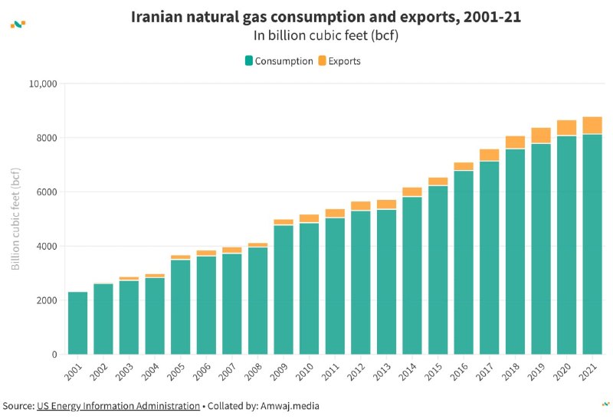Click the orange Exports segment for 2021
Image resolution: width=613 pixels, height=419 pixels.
pyautogui.click(x=592, y=125)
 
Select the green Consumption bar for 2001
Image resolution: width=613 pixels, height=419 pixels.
pyautogui.click(x=78, y=323)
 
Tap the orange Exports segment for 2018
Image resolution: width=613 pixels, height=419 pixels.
pyautogui.click(x=515, y=142)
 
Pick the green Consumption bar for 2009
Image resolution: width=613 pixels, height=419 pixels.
pyautogui.click(x=284, y=290)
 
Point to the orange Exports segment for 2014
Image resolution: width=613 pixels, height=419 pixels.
pyautogui.click(x=412, y=191)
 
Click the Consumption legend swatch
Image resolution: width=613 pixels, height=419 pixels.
pyautogui.click(x=248, y=61)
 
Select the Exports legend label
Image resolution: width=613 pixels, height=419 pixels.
pyautogui.click(x=344, y=61)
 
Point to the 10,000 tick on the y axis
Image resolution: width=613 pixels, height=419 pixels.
pyautogui.click(x=43, y=84)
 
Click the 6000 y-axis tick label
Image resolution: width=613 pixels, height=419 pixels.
pyautogui.click(x=47, y=192)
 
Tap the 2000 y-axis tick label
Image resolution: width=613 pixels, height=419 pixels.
pyautogui.click(x=47, y=300)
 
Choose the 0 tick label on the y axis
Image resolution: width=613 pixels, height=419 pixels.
pyautogui.click(x=54, y=355)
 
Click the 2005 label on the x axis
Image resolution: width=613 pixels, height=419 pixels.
pyautogui.click(x=176, y=372)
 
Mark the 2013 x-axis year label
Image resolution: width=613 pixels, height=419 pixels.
pyautogui.click(x=382, y=372)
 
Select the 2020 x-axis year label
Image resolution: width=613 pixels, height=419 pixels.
pyautogui.click(x=562, y=372)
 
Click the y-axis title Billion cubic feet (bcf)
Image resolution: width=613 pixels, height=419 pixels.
pyautogui.click(x=15, y=219)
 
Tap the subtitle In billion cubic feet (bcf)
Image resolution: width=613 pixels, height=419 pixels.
pyautogui.click(x=326, y=35)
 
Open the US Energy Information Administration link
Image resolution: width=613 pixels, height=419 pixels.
pyautogui.click(x=119, y=406)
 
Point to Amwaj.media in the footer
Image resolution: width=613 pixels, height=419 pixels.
pyautogui.click(x=290, y=406)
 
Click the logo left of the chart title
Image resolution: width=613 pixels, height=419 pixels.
pyautogui.click(x=18, y=25)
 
